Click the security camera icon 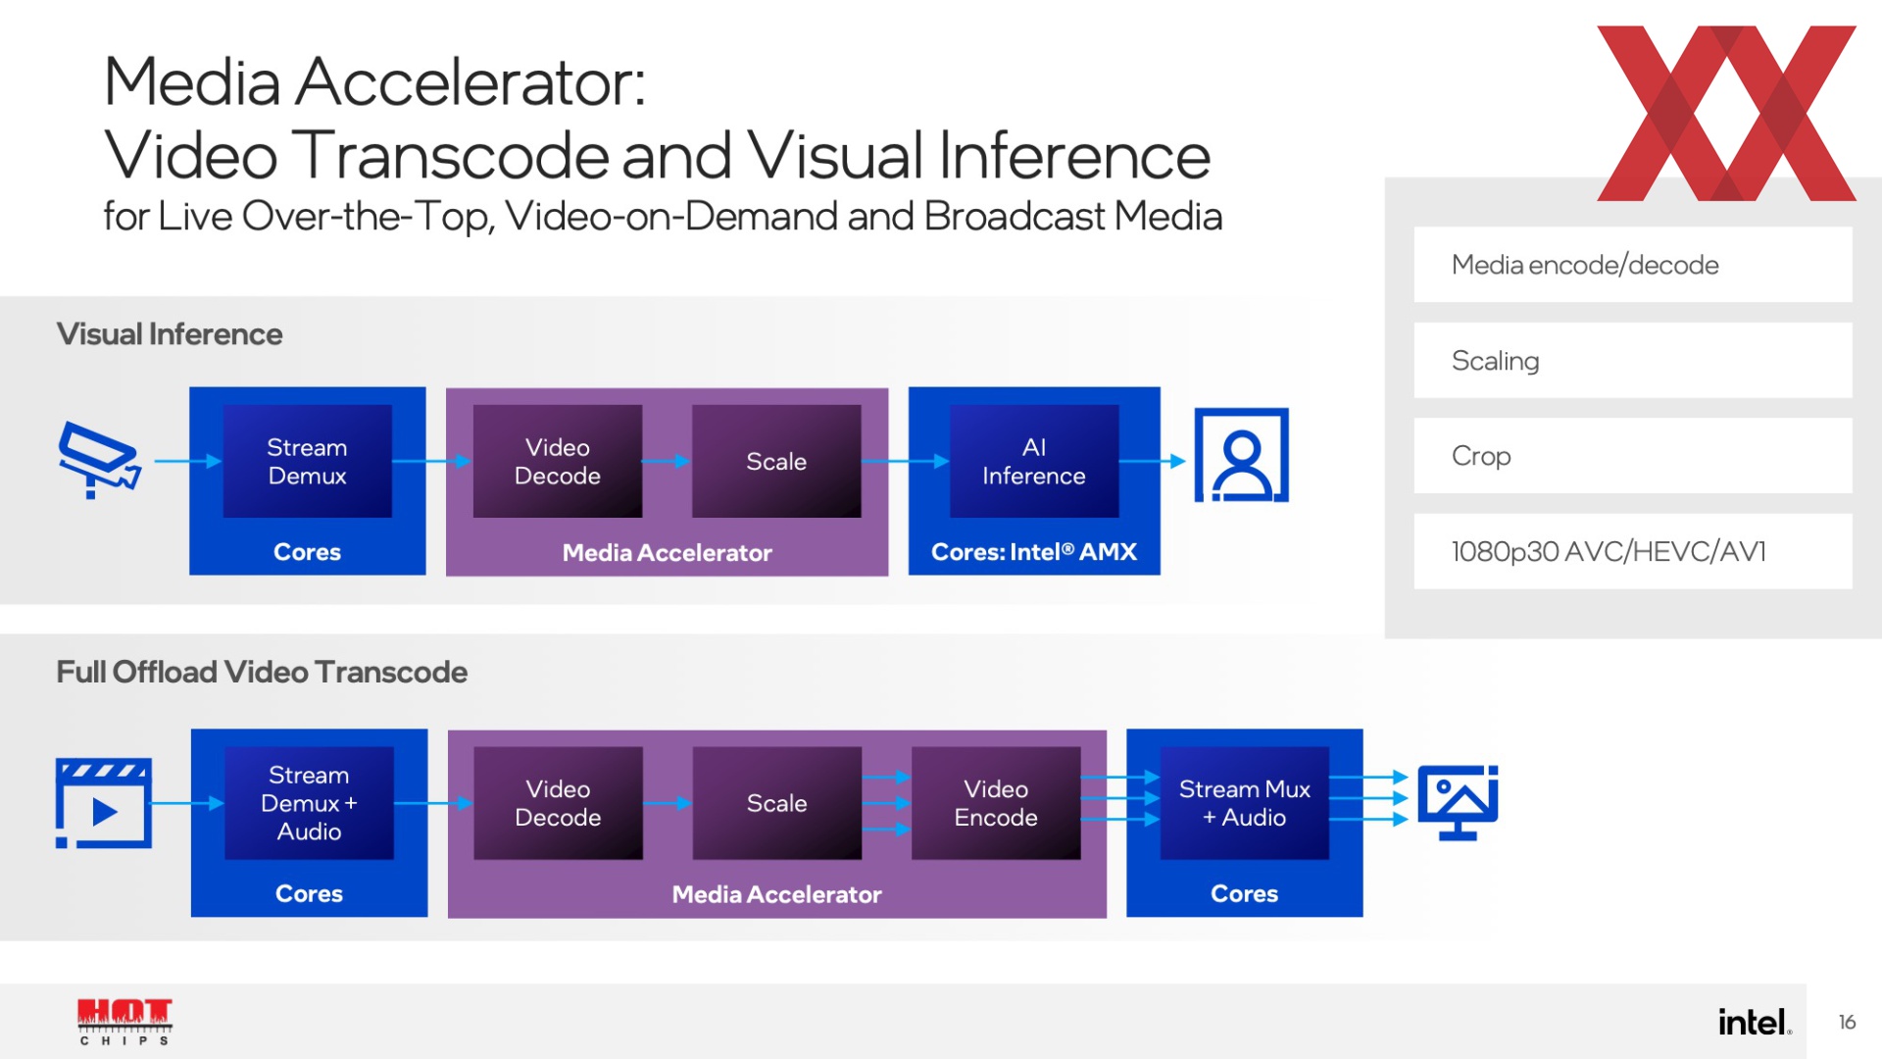[99, 459]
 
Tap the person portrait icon [1241, 455]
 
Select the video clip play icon [103, 803]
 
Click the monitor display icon [1458, 802]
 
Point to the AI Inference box [1034, 461]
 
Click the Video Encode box [996, 803]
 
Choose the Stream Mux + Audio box [1244, 803]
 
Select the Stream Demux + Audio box [309, 803]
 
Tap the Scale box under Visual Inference [776, 461]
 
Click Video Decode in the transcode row [558, 803]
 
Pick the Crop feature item [1633, 456]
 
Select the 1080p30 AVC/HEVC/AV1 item [1633, 551]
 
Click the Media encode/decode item [1633, 265]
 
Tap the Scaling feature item [1633, 360]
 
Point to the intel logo [1755, 1022]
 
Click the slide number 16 [1847, 1022]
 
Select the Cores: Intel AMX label [1034, 552]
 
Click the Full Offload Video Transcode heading [262, 672]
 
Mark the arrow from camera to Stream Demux [188, 461]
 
